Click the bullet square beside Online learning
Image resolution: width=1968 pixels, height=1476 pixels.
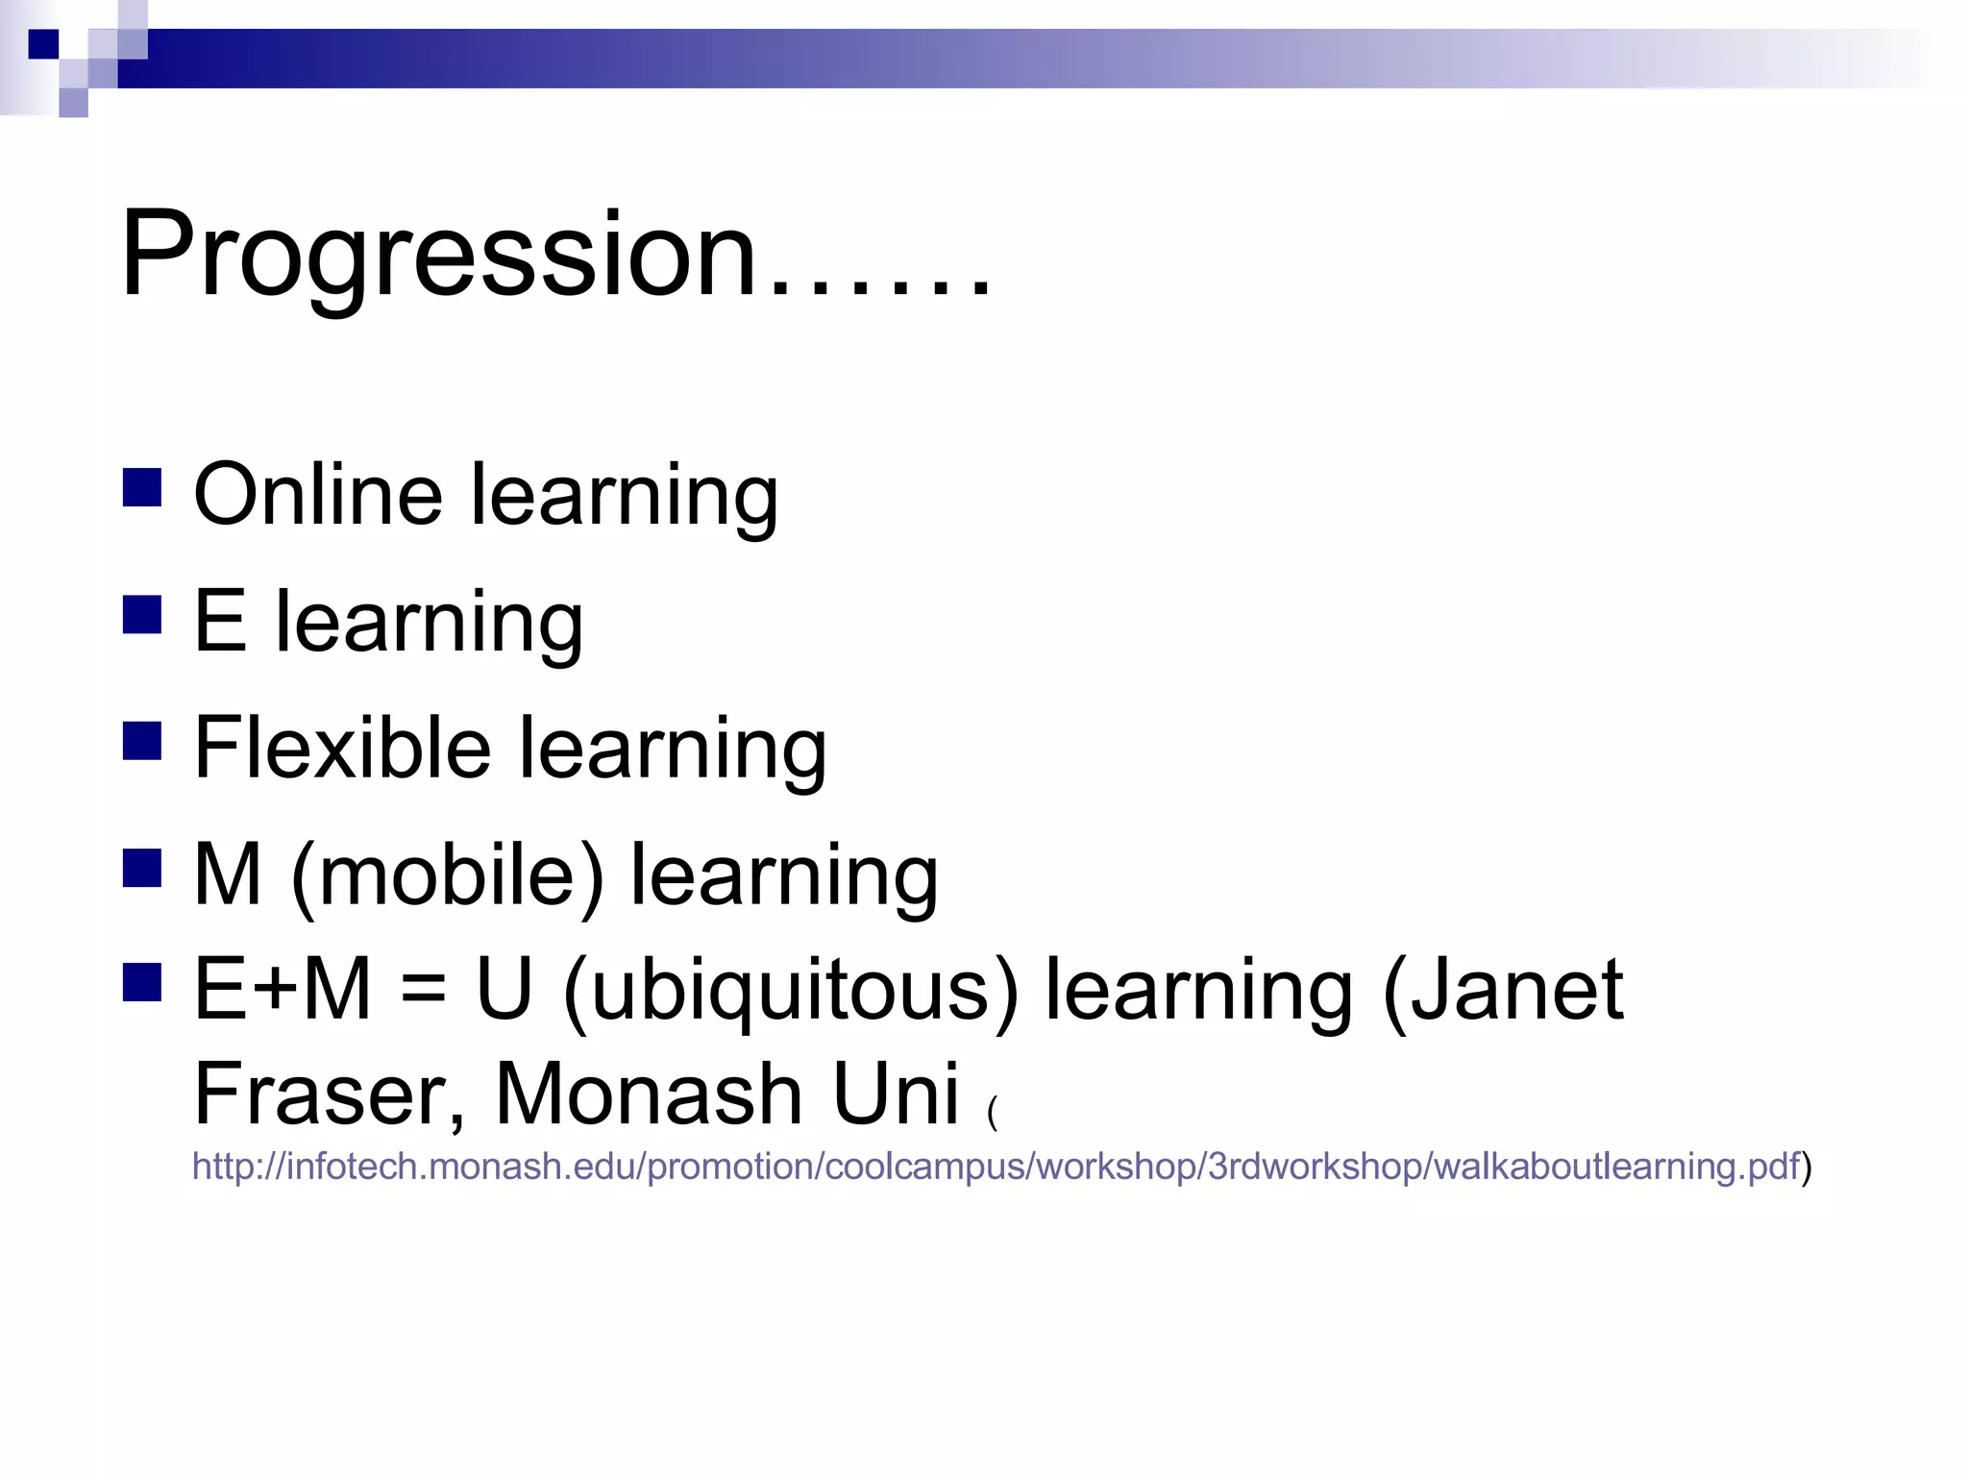pyautogui.click(x=142, y=487)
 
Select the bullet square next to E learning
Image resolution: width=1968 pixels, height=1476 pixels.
pyautogui.click(x=142, y=615)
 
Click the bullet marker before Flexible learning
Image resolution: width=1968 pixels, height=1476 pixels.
pyautogui.click(x=142, y=741)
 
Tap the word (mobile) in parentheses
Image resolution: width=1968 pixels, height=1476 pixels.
pyautogui.click(x=447, y=875)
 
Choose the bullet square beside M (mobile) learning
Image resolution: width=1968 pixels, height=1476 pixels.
pyautogui.click(x=142, y=868)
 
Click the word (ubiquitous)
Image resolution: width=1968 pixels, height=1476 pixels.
pyautogui.click(x=790, y=990)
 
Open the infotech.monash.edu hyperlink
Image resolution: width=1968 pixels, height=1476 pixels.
pyautogui.click(x=995, y=1167)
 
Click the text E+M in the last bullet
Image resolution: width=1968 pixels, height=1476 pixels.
pyautogui.click(x=283, y=990)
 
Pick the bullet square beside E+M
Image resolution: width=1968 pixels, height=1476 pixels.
pyautogui.click(x=142, y=983)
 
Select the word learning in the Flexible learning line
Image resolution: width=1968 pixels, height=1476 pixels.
pyautogui.click(x=673, y=750)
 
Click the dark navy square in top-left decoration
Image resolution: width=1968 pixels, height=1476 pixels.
pyautogui.click(x=43, y=44)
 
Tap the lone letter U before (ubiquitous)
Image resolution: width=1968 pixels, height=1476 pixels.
pyautogui.click(x=504, y=990)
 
